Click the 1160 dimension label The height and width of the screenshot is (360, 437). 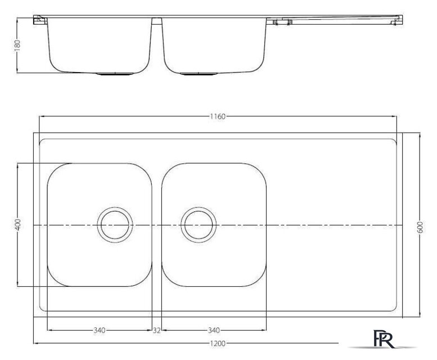[x=218, y=116]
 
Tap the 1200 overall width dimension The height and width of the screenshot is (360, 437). [x=218, y=344]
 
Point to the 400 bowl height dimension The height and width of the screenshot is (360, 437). [x=17, y=224]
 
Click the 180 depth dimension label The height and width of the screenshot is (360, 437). [x=17, y=46]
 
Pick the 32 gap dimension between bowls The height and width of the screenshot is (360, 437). [x=156, y=330]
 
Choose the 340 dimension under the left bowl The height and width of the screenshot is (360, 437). [x=100, y=330]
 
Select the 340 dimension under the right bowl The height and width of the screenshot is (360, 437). [x=214, y=330]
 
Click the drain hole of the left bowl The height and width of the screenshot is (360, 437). [x=115, y=225]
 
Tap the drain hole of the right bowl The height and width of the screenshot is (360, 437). [x=199, y=225]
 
